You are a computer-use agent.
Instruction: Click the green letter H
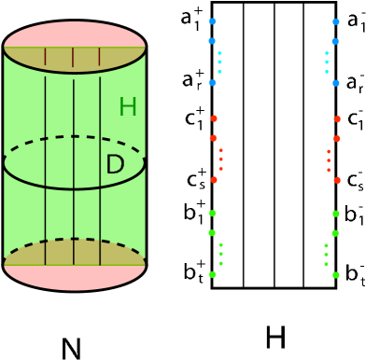pos(128,107)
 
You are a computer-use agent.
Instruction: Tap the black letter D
pos(115,165)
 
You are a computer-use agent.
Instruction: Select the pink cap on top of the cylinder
pos(75,34)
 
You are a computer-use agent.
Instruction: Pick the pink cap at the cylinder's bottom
pos(75,277)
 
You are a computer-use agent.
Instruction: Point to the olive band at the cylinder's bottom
pos(75,252)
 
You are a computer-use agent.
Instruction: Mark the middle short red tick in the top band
pos(73,57)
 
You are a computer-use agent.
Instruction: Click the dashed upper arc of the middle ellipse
pos(75,137)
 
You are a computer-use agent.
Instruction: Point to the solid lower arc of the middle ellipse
pos(75,188)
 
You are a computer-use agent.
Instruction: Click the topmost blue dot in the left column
pos(212,21)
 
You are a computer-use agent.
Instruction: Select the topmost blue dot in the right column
pos(335,21)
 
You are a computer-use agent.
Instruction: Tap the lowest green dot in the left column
pos(212,274)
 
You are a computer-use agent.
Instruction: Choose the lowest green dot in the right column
pos(335,274)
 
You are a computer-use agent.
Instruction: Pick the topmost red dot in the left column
pos(214,118)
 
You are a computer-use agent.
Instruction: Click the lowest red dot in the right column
pos(337,180)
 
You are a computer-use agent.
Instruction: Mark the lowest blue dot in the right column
pos(335,83)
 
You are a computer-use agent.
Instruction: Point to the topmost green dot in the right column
pos(335,214)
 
